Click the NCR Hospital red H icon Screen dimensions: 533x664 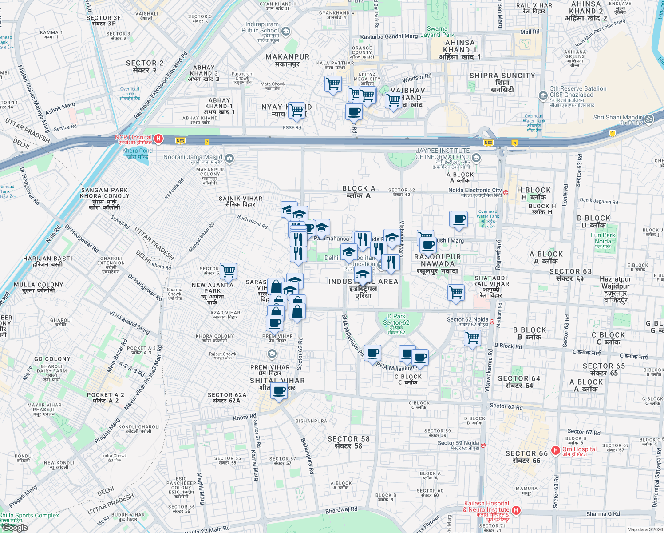click(x=158, y=139)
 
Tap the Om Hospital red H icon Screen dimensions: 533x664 click(x=555, y=451)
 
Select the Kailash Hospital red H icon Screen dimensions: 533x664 click(x=516, y=510)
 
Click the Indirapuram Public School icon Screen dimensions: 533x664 click(x=286, y=31)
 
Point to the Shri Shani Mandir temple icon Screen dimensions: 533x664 click(x=648, y=119)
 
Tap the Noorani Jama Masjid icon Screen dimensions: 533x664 click(x=229, y=158)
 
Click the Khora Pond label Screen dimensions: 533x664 click(x=138, y=154)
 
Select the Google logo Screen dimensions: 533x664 click(x=15, y=528)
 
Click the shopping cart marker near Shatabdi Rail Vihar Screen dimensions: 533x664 click(x=456, y=293)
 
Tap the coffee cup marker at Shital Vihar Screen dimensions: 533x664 click(x=279, y=391)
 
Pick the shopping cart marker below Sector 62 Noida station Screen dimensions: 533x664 click(x=473, y=338)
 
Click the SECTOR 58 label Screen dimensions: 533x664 click(x=348, y=442)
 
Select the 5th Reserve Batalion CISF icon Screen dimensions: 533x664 click(x=543, y=95)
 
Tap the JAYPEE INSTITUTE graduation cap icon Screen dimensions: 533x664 click(x=476, y=158)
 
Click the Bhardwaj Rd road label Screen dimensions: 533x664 click(x=341, y=510)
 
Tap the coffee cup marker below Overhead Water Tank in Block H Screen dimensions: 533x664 click(x=459, y=219)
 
